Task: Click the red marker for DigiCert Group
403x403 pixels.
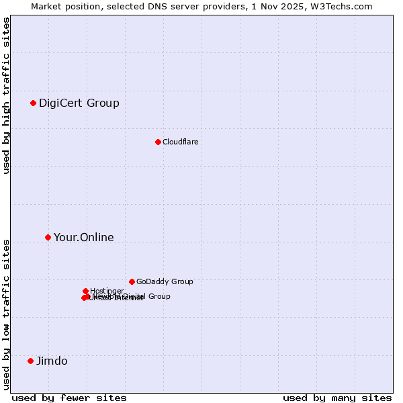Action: click(x=33, y=103)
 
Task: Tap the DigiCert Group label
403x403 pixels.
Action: click(x=79, y=103)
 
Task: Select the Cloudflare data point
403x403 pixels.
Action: click(x=158, y=142)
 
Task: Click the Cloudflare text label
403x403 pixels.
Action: click(x=180, y=142)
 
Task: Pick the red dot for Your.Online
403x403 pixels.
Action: click(x=48, y=237)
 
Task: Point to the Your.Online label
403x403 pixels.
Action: click(x=84, y=237)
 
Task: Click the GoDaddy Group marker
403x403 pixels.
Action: click(x=132, y=281)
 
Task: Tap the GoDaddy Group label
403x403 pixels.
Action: click(x=165, y=281)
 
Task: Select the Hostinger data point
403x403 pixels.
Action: click(x=85, y=291)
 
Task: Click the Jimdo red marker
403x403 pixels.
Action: click(x=30, y=361)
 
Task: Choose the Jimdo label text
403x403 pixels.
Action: click(x=52, y=361)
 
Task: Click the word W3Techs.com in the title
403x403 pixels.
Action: click(x=345, y=6)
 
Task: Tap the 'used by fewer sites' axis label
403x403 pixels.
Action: click(x=69, y=398)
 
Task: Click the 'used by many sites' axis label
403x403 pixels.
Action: click(x=337, y=398)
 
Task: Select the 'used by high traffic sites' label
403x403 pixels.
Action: click(x=7, y=95)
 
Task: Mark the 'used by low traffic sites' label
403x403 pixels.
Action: click(x=7, y=314)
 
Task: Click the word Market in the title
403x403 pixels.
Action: click(x=48, y=6)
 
